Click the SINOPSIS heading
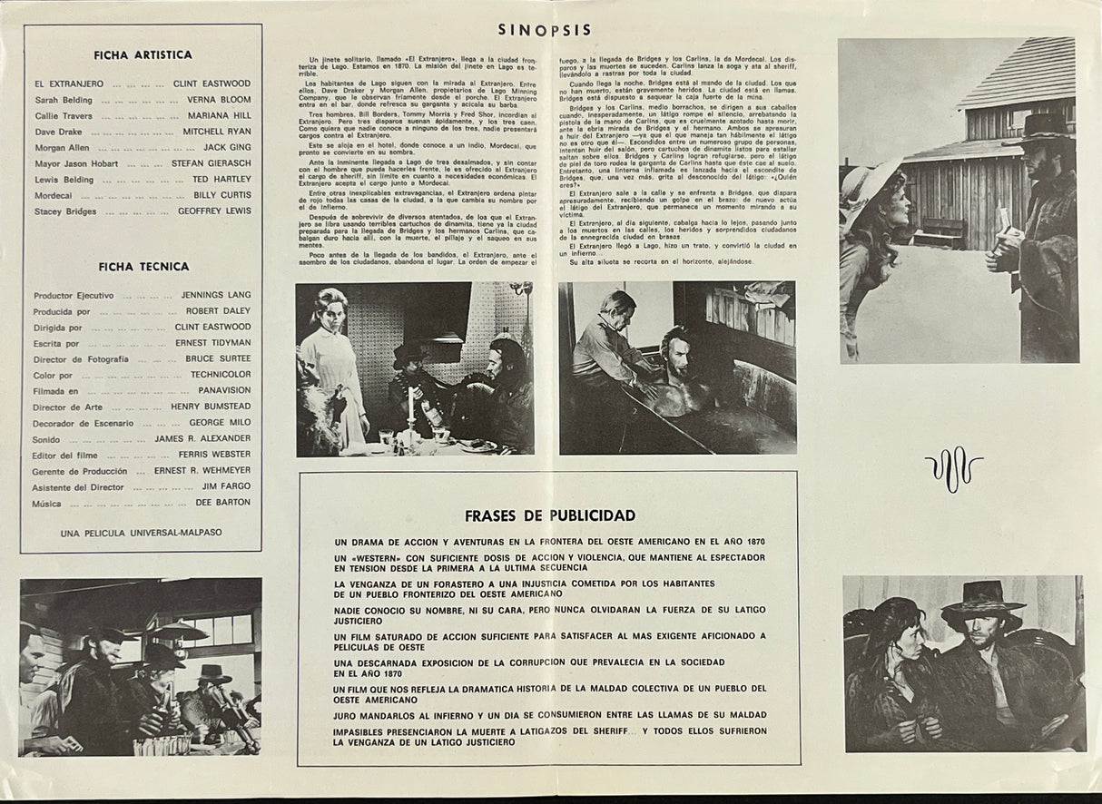coord(545,30)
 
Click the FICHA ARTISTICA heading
coord(143,54)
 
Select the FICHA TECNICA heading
coord(143,267)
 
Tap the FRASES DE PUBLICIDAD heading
coord(550,515)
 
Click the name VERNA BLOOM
coord(219,100)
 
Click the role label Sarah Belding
coord(64,100)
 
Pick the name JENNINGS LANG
coord(216,296)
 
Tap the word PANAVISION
coord(223,391)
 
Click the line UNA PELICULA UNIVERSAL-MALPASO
coord(141,533)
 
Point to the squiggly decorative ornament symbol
coord(953,469)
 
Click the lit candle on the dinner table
coord(410,405)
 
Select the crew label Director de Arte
coord(69,407)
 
